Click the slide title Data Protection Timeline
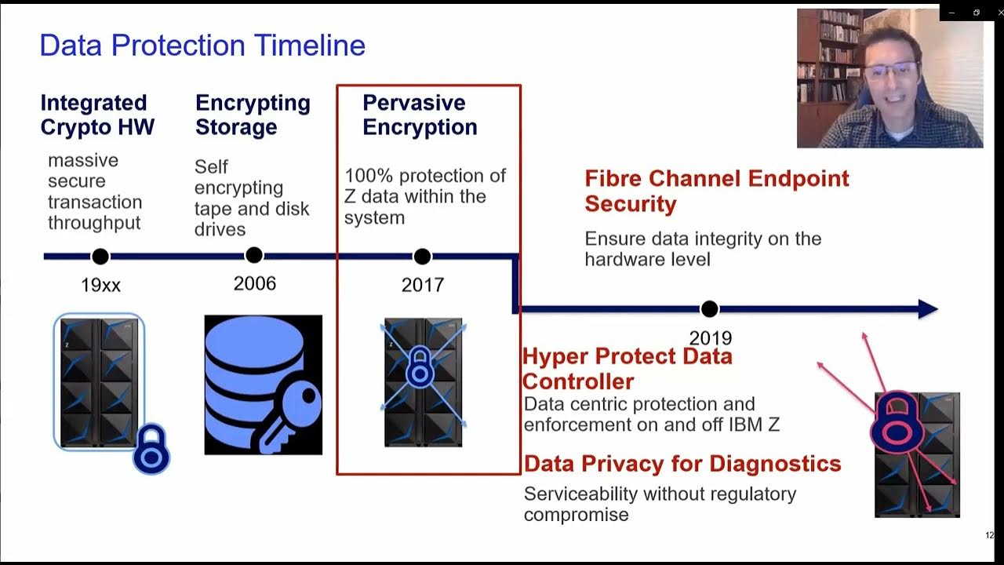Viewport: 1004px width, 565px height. pos(202,46)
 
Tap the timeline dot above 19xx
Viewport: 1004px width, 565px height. pos(100,257)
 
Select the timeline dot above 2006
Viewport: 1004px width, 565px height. pos(253,256)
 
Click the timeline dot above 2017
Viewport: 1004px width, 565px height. pos(422,257)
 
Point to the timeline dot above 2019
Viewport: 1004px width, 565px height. pos(709,309)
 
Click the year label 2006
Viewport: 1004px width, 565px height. pos(255,283)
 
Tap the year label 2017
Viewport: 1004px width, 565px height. pos(423,284)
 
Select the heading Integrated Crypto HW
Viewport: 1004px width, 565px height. pos(97,115)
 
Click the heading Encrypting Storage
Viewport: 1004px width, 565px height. pos(253,115)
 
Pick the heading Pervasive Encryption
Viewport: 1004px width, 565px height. pos(420,115)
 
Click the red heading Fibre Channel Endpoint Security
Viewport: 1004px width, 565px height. pos(716,191)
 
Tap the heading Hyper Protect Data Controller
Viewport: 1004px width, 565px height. pos(627,369)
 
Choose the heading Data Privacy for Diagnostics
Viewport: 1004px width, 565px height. pos(682,464)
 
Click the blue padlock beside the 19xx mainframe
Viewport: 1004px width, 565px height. pos(151,450)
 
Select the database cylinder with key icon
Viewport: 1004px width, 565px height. pos(263,385)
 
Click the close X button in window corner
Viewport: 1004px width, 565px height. pos(999,13)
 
